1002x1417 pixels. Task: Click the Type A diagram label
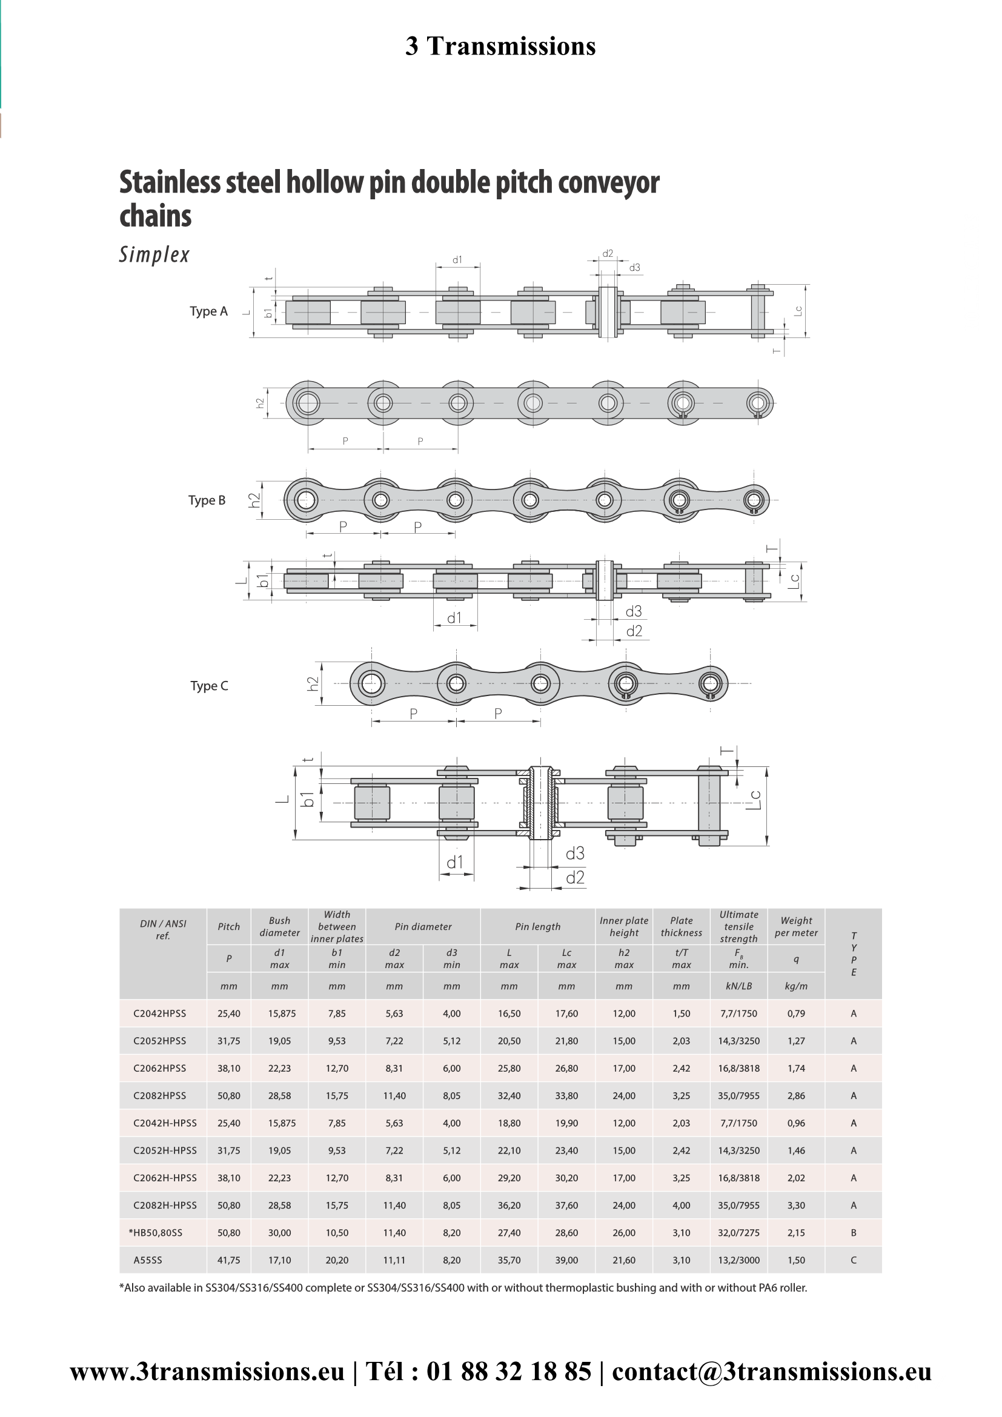click(208, 311)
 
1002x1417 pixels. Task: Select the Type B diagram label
click(207, 500)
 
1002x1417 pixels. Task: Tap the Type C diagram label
click(209, 686)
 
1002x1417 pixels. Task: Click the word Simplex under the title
click(154, 255)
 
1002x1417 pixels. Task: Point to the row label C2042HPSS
click(160, 1014)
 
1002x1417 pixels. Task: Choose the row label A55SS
click(148, 1260)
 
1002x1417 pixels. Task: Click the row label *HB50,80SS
click(156, 1232)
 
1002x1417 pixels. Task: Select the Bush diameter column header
click(279, 926)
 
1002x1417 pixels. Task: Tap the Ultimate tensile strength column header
click(738, 926)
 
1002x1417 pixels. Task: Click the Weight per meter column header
click(796, 926)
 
